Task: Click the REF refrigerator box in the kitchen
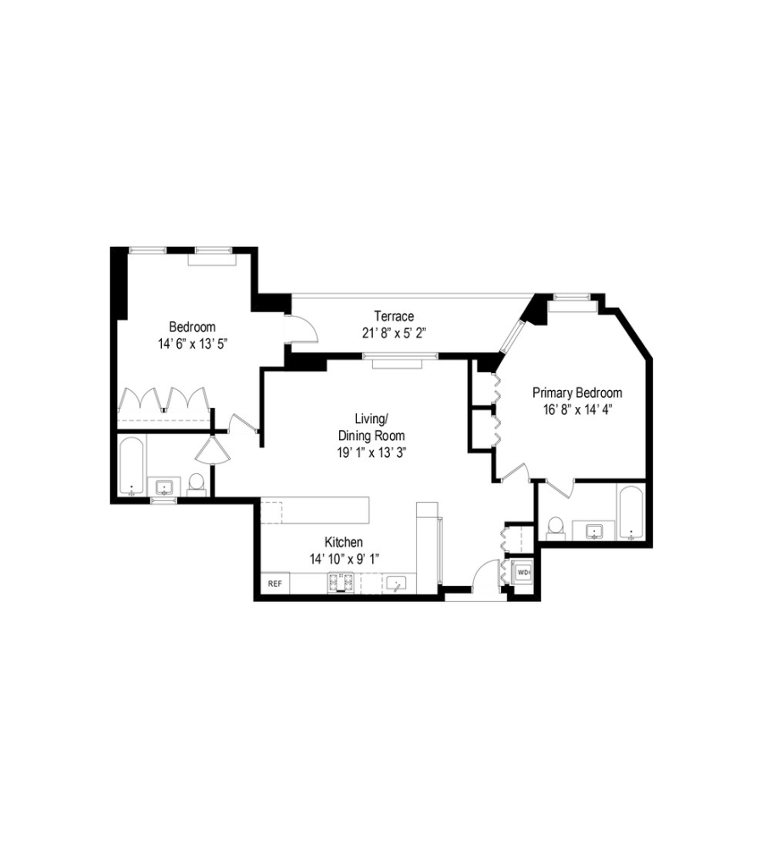274,584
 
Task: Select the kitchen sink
396,583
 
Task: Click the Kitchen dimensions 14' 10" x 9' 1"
343,559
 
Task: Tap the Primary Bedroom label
576,393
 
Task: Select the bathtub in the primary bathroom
632,512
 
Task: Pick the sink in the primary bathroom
595,531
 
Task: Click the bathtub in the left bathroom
131,466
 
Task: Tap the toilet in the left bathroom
196,483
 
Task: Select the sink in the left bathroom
164,487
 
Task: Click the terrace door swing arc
304,327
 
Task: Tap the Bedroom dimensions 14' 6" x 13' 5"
192,343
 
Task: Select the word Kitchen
344,543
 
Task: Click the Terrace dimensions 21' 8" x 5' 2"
393,333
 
